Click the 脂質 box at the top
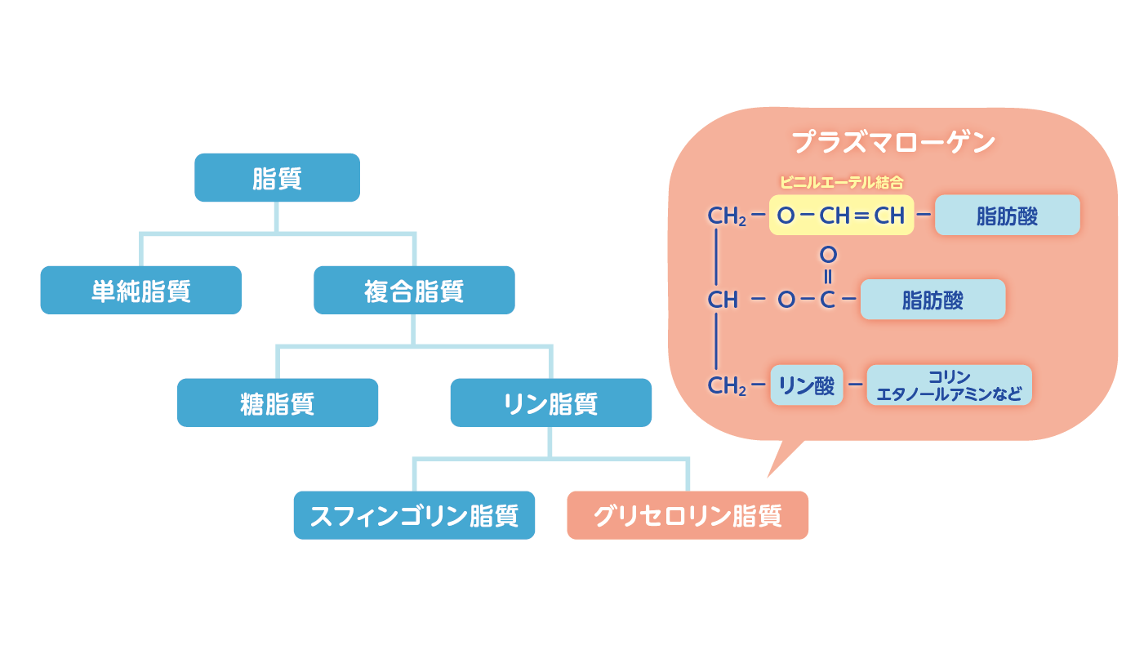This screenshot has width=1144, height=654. point(277,177)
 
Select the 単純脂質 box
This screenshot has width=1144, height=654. point(140,290)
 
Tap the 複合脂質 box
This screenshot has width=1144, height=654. point(414,290)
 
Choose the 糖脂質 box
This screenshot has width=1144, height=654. point(277,403)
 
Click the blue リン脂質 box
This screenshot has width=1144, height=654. point(550,403)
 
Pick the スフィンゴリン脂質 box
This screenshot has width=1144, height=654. point(414,515)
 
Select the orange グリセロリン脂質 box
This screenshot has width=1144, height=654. point(687,515)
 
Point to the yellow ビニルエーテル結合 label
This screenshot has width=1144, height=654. point(841,182)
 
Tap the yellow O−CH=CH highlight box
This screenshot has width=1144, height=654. point(841,216)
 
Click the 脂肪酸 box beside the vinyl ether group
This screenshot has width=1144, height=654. point(1007,216)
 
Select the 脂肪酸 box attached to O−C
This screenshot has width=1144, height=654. point(933,300)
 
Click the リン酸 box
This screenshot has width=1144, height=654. point(806,385)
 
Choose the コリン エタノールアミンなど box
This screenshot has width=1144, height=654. point(949,385)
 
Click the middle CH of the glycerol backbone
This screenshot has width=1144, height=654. point(723,300)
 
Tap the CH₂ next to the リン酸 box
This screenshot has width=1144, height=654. point(726,385)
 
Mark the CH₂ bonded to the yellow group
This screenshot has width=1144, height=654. point(726,216)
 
